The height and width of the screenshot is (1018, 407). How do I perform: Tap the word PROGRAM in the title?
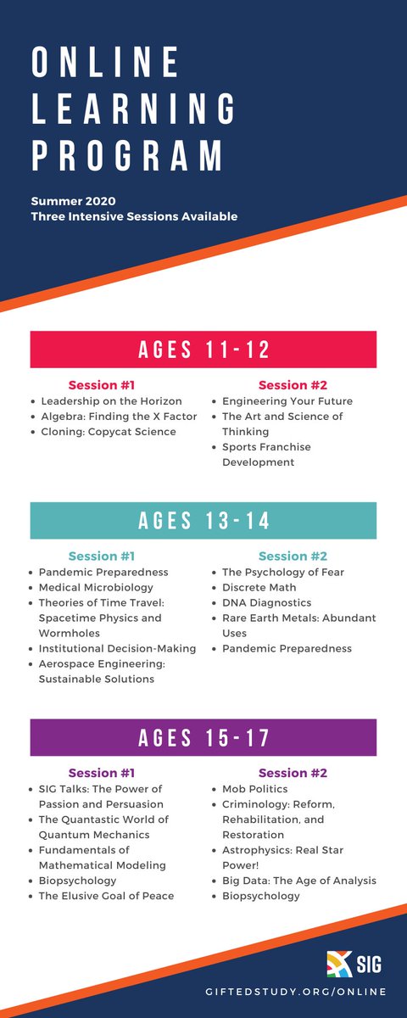tap(127, 157)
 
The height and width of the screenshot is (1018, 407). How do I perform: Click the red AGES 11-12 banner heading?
tap(203, 350)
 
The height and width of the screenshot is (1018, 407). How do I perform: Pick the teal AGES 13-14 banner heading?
tap(203, 521)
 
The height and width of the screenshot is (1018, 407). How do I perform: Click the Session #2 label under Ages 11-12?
tap(293, 385)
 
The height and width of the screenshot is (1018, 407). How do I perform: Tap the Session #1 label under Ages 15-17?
tap(102, 773)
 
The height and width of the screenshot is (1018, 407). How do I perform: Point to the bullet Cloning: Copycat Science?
tap(109, 432)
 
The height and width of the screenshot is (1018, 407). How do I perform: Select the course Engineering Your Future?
tap(287, 401)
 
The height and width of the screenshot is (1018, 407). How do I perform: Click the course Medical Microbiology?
tap(96, 587)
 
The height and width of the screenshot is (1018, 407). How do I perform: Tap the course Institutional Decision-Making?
tap(118, 648)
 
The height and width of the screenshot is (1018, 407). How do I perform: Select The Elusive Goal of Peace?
tap(107, 896)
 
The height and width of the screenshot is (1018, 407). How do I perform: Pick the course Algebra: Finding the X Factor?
tap(118, 417)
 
